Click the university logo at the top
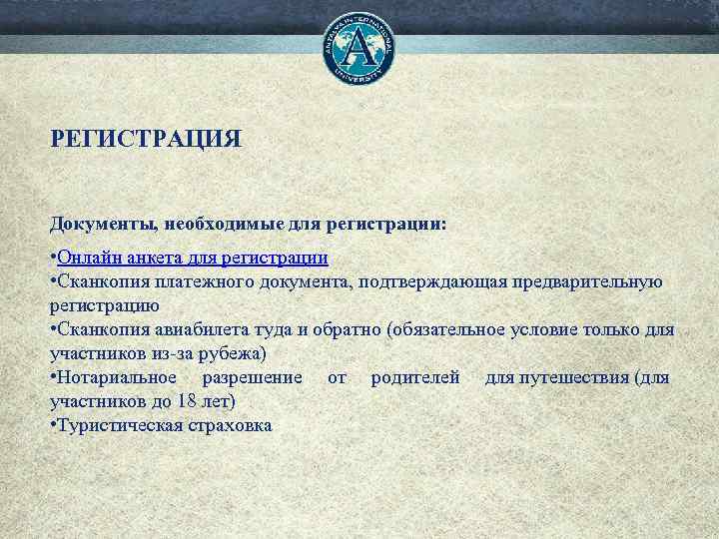pos(359,47)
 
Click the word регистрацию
pos(99,305)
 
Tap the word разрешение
pos(252,377)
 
